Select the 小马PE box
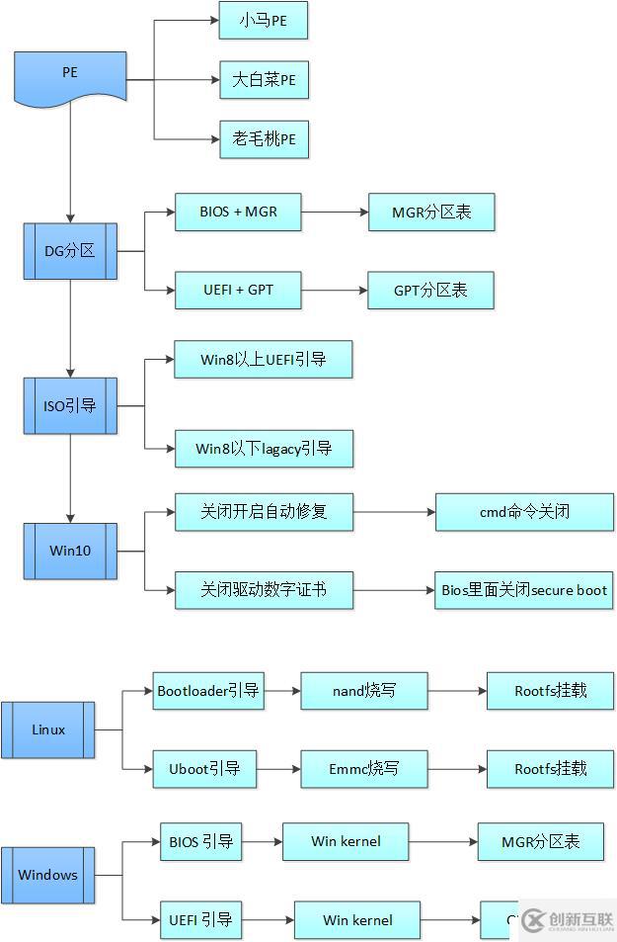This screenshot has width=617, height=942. (263, 20)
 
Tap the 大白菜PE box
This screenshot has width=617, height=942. (264, 80)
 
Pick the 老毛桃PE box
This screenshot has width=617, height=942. (264, 139)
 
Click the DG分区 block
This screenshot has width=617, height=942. (70, 251)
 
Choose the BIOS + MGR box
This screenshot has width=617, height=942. (238, 213)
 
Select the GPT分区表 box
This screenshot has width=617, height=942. (430, 291)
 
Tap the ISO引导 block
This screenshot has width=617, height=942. (70, 406)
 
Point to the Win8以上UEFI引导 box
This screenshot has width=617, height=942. (263, 360)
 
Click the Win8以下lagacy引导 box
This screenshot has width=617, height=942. (263, 449)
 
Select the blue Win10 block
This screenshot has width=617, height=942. (70, 551)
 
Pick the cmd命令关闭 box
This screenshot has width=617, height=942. (524, 512)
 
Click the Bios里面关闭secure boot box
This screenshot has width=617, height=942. (524, 590)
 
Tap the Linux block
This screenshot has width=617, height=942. (48, 730)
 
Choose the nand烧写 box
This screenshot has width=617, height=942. (364, 691)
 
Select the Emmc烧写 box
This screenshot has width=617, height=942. (364, 769)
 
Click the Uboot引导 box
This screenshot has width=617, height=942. (204, 769)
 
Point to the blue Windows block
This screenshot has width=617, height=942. (48, 875)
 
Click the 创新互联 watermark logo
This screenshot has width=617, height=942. (569, 919)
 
